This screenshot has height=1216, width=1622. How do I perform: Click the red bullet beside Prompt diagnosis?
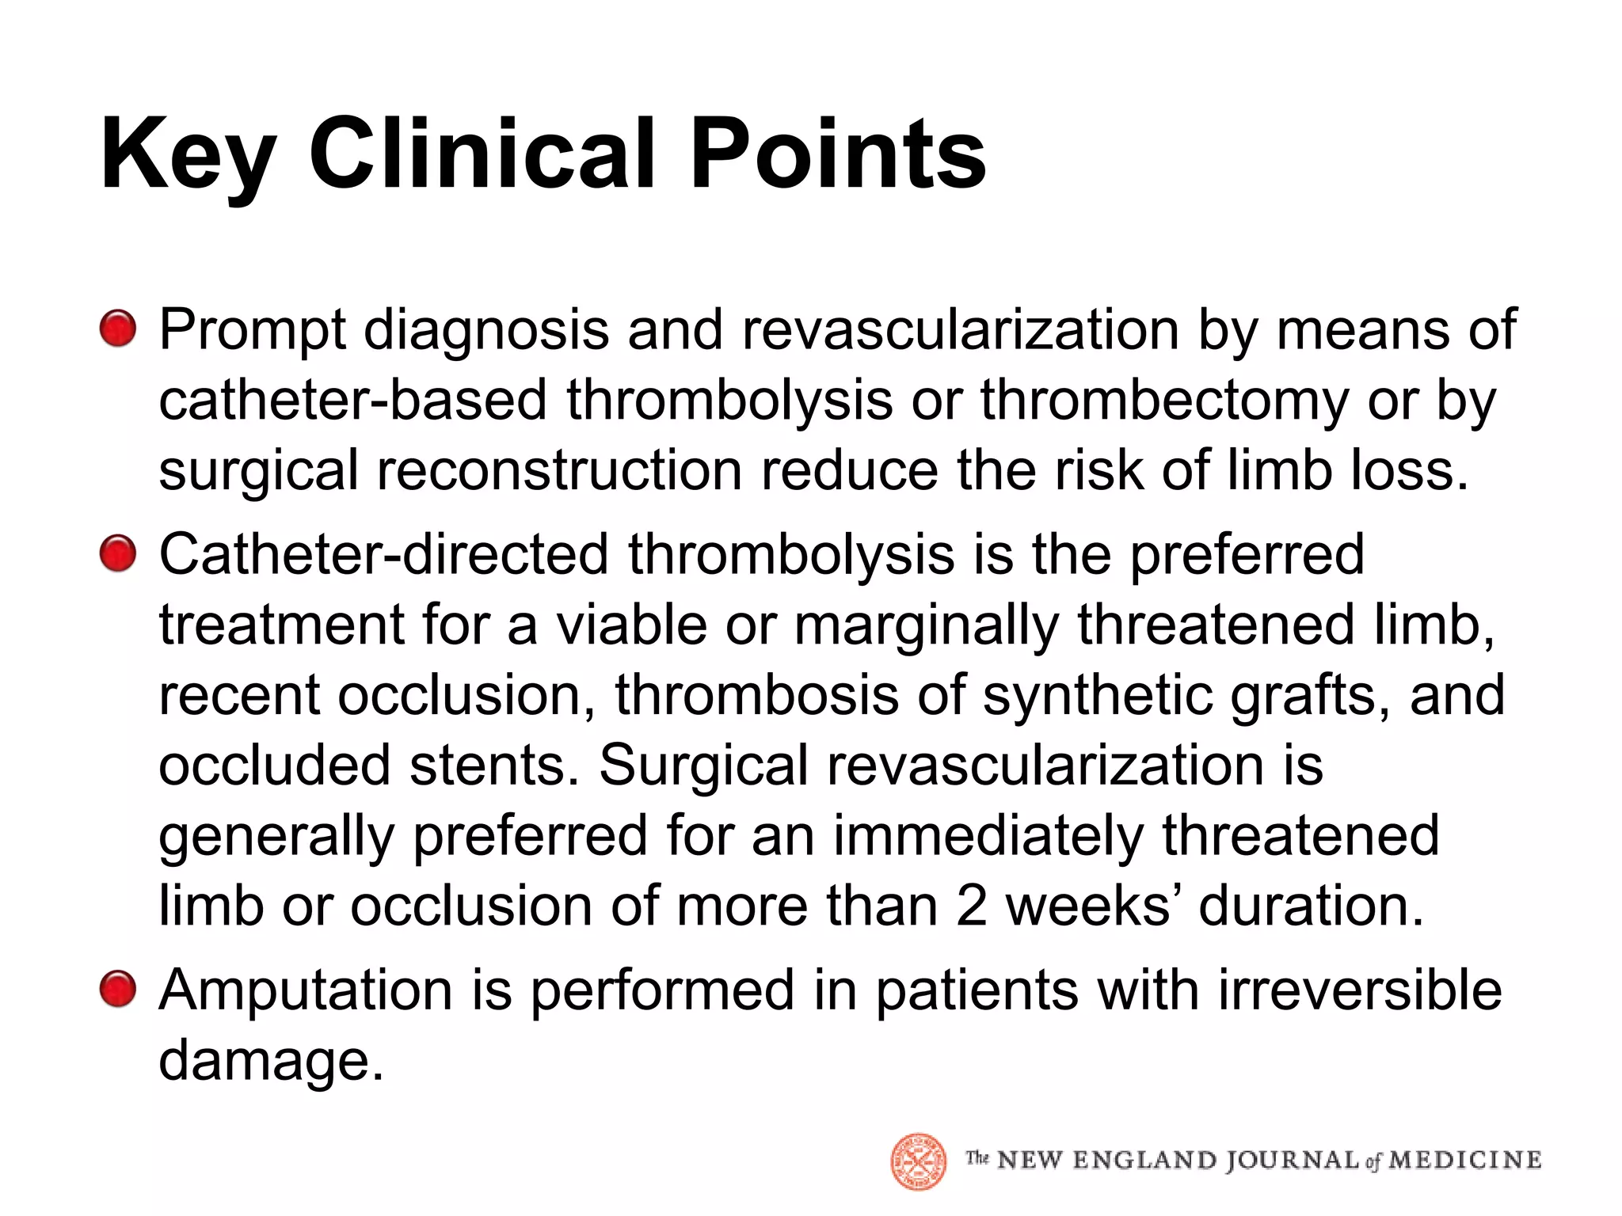(x=118, y=329)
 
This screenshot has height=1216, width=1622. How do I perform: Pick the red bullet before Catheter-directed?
(x=118, y=553)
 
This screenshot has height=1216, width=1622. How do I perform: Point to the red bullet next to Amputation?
(x=118, y=990)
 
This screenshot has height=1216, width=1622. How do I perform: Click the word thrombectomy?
(x=1164, y=400)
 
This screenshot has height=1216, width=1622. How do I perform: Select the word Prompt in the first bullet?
(x=253, y=330)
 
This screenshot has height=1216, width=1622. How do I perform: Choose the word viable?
(x=631, y=625)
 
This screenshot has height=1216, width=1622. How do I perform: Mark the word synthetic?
(x=1097, y=695)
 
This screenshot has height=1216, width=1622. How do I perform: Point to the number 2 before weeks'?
(x=971, y=906)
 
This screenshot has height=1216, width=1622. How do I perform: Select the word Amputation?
(x=306, y=990)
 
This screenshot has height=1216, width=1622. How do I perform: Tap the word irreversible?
(x=1359, y=990)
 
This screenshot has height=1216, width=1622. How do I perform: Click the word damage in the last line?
(x=271, y=1061)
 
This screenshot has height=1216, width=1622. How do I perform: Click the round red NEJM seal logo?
(x=919, y=1161)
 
